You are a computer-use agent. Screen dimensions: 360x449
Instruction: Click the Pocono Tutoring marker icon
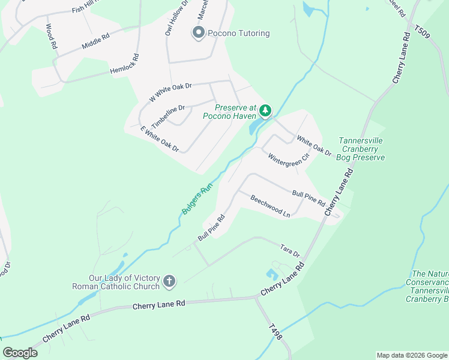(198, 33)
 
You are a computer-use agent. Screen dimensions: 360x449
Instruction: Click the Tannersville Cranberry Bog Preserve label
(361, 149)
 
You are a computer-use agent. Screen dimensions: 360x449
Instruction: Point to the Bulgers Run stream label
(197, 200)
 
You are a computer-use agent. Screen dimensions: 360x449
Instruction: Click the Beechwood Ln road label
(270, 206)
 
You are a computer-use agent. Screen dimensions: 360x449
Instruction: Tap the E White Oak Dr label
(160, 138)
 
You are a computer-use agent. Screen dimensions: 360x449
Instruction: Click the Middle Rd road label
(96, 40)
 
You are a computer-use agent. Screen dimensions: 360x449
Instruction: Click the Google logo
(20, 353)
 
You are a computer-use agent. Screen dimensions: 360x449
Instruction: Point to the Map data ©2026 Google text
(411, 355)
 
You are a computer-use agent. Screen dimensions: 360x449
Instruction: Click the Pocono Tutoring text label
(238, 33)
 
